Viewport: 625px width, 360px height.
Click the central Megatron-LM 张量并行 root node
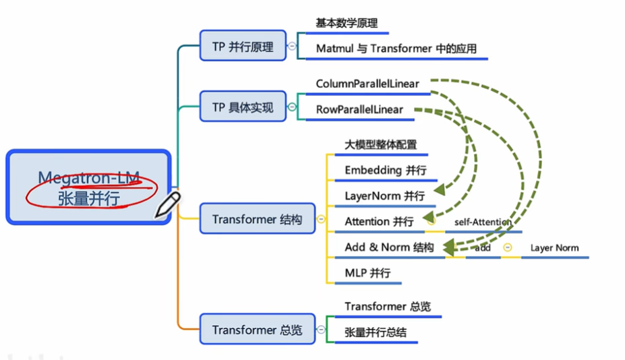[x=88, y=187]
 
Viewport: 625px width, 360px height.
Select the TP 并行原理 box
[x=243, y=47]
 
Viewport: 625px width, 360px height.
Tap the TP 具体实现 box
[x=243, y=107]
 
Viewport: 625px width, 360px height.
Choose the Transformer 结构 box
[x=257, y=219]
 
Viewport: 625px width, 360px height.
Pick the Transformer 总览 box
[x=257, y=330]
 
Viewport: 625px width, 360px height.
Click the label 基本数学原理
[x=348, y=23]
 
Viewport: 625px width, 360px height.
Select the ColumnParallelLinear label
[x=367, y=84]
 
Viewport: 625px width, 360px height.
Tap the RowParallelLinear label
[x=359, y=109]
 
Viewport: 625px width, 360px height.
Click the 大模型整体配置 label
[x=380, y=144]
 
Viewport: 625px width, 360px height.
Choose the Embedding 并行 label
[x=385, y=170]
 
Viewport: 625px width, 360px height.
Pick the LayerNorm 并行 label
[x=384, y=196]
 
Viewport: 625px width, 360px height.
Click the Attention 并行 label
[x=379, y=221]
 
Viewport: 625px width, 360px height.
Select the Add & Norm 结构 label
[x=389, y=247]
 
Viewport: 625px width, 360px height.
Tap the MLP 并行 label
[x=367, y=272]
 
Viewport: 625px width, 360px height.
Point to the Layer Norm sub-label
[x=554, y=248]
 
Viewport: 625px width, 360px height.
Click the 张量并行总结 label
[x=376, y=332]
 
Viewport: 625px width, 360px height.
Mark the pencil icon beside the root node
[x=167, y=205]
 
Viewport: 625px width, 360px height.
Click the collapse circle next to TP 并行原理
[x=291, y=47]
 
